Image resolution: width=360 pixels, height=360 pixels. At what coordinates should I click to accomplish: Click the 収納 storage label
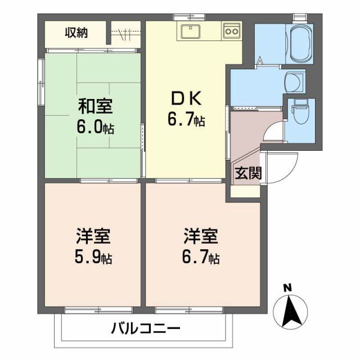76,32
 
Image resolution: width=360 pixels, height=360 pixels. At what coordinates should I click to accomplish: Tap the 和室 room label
94,106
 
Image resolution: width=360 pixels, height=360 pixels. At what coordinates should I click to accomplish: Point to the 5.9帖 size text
93,258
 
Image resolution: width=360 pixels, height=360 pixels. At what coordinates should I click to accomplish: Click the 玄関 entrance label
248,173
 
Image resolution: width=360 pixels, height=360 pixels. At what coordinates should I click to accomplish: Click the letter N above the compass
287,288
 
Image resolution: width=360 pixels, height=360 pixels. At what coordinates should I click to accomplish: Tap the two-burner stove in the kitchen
232,31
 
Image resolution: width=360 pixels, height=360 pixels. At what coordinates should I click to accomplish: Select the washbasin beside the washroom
292,82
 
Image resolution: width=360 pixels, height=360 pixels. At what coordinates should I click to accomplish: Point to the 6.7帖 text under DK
186,120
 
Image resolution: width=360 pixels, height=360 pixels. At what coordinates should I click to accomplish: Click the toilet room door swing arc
274,130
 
